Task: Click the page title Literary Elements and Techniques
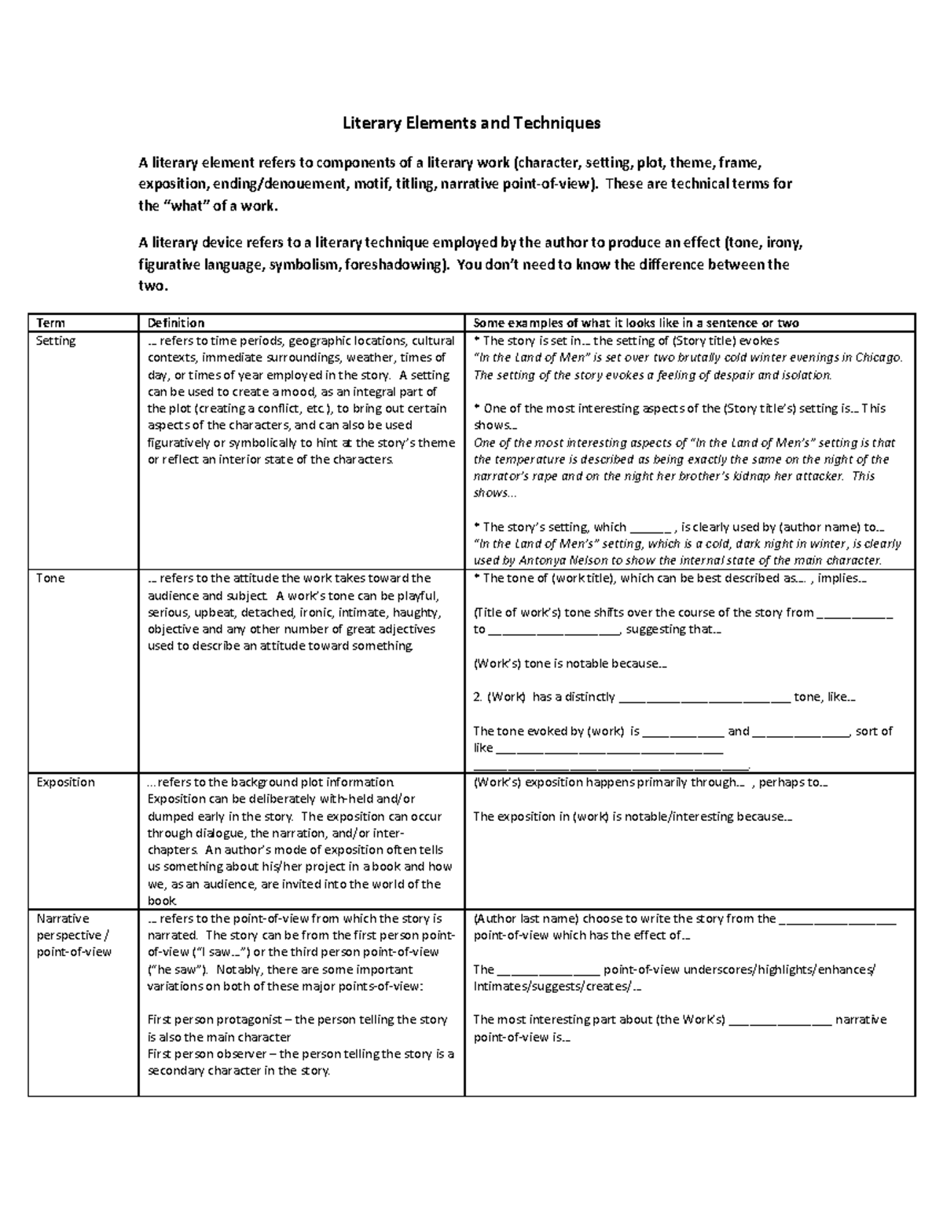pos(471,123)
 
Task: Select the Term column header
pos(50,323)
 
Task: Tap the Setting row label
pos(56,341)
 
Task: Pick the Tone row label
pos(50,578)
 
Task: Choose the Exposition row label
pos(65,782)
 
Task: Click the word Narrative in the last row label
pos(63,918)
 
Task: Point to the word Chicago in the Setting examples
pos(879,357)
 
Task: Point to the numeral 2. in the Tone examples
pos(478,697)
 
